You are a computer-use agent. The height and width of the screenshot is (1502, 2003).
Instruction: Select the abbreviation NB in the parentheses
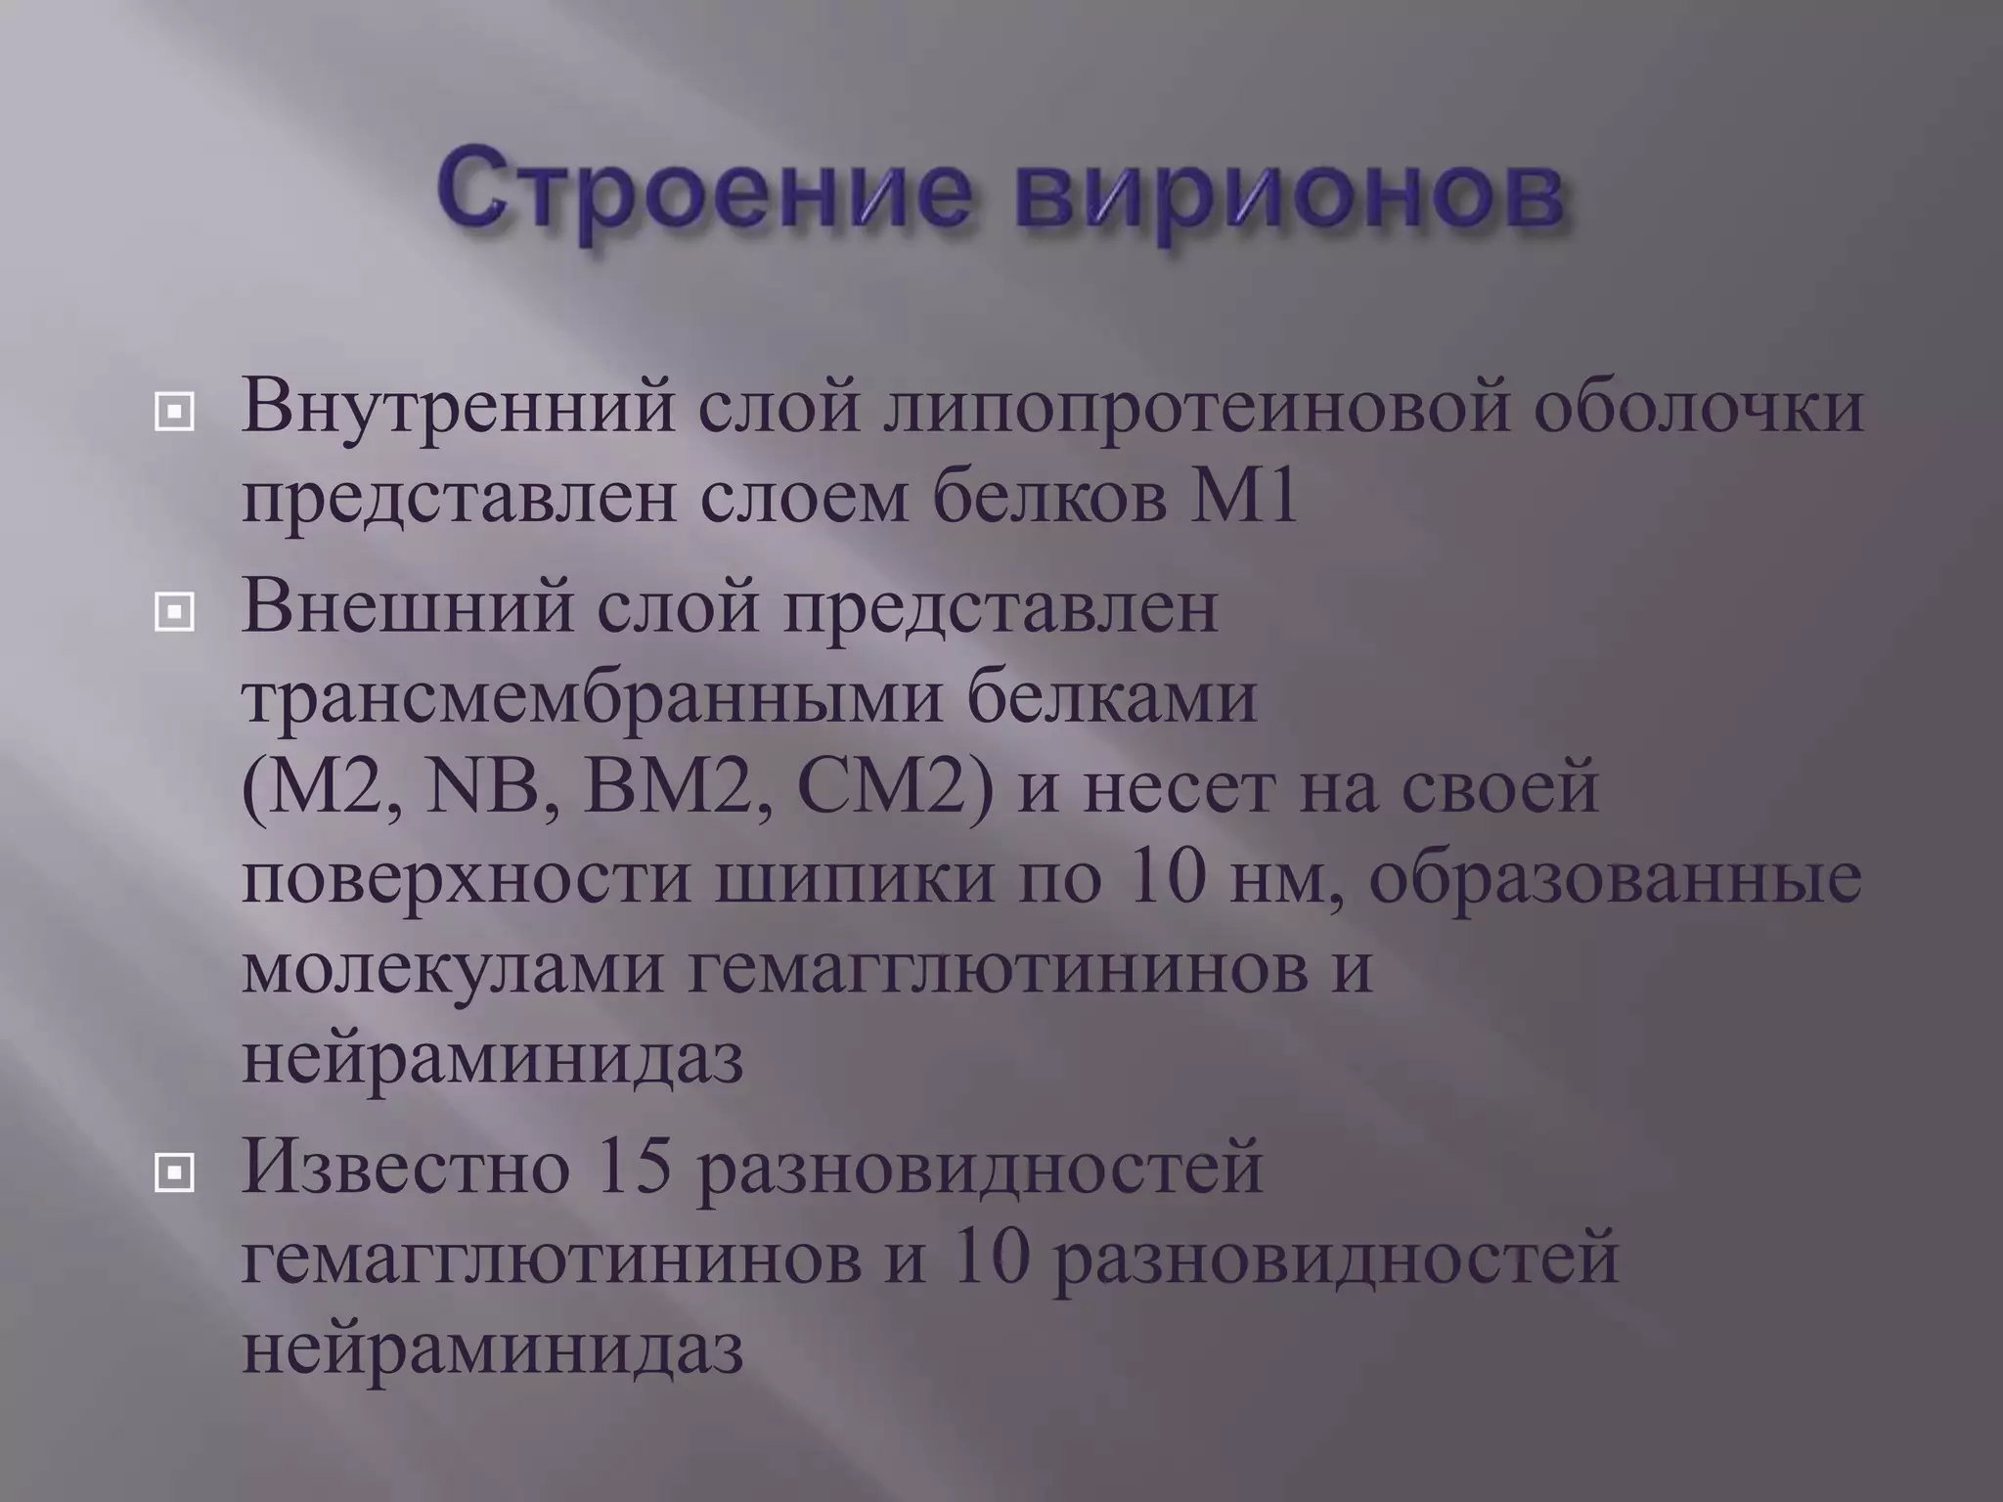click(482, 788)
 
